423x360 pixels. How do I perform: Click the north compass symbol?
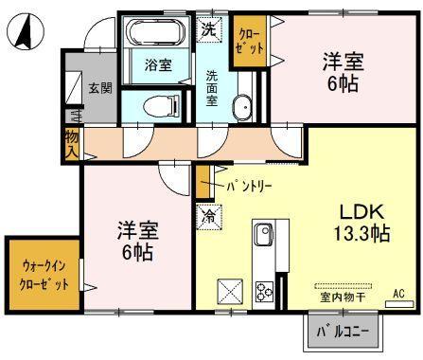coord(26,31)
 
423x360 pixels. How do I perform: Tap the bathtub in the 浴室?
coord(155,31)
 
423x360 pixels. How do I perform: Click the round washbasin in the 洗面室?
coord(242,107)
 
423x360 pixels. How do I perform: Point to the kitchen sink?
coord(264,234)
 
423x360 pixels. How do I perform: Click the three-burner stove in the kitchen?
coord(264,290)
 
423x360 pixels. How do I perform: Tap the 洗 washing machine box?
coord(209,29)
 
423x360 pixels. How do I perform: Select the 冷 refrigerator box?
coord(209,217)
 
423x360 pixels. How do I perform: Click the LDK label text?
coord(361,212)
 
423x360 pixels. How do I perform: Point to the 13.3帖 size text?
coord(361,234)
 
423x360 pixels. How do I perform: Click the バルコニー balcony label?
coord(343,332)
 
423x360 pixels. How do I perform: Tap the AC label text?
coord(398,294)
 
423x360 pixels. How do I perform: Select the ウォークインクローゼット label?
coord(44,276)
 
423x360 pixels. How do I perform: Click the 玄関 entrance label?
coord(100,88)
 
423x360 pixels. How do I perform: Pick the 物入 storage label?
coord(72,145)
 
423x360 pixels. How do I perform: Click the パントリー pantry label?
coord(249,187)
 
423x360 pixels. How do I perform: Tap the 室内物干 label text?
coord(343,297)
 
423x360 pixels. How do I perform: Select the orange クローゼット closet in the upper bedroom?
coord(249,41)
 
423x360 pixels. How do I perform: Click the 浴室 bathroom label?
coord(158,65)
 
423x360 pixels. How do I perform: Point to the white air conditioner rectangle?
coord(399,304)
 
